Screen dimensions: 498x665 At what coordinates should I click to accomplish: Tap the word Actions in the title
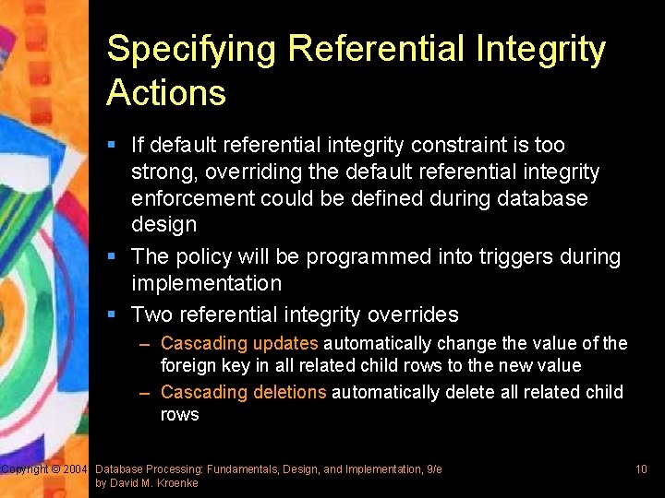click(x=166, y=93)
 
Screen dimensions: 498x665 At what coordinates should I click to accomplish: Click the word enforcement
click(x=194, y=198)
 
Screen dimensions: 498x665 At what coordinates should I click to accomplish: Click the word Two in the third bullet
click(x=152, y=314)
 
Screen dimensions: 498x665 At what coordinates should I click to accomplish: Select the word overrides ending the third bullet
click(x=412, y=314)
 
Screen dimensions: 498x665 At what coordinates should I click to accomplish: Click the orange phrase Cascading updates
click(x=239, y=344)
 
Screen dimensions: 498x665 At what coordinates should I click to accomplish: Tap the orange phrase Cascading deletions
click(x=243, y=393)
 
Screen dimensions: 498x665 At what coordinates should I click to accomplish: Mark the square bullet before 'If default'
click(x=112, y=145)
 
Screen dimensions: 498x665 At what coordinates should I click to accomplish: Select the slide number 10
click(x=641, y=469)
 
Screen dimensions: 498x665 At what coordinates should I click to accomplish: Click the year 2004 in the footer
click(x=75, y=469)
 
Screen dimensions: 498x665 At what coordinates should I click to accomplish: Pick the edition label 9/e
click(x=433, y=469)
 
